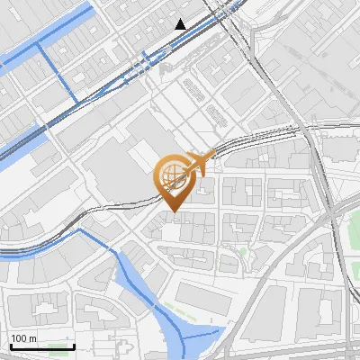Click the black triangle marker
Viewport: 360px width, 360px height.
181,24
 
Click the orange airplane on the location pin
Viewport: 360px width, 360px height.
199,163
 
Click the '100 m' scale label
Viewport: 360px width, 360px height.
23,338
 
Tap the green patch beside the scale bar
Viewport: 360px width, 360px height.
62,346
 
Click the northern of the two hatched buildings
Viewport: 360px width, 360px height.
191,85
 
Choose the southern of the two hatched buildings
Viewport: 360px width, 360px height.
216,114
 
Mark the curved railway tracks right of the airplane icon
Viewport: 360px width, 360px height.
261,136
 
